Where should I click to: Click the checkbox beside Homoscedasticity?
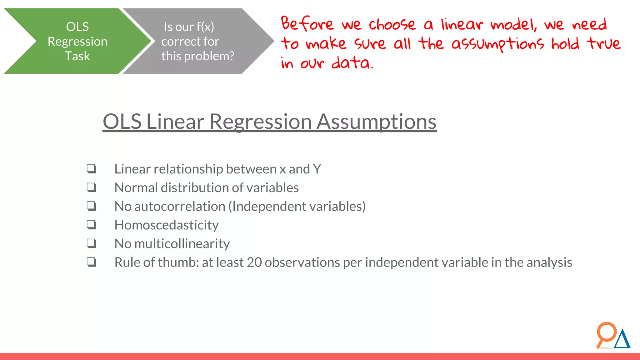(92, 225)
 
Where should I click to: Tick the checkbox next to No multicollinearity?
(92, 243)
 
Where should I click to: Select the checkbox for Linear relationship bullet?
(92, 169)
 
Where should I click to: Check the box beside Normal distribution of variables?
(92, 187)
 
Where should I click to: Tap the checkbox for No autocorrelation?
(92, 206)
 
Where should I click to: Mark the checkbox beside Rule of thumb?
(92, 262)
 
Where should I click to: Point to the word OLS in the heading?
(122, 122)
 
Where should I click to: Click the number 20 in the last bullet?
(254, 262)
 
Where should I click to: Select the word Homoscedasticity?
(166, 225)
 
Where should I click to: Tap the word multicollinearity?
(182, 244)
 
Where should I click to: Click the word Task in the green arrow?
(77, 56)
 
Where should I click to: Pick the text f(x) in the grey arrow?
(205, 27)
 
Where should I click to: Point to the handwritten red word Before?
(307, 24)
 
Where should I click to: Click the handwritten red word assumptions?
(497, 44)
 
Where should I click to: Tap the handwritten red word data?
(352, 63)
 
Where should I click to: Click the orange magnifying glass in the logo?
(606, 333)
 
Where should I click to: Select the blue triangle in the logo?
(622, 340)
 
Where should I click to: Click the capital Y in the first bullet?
(317, 169)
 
